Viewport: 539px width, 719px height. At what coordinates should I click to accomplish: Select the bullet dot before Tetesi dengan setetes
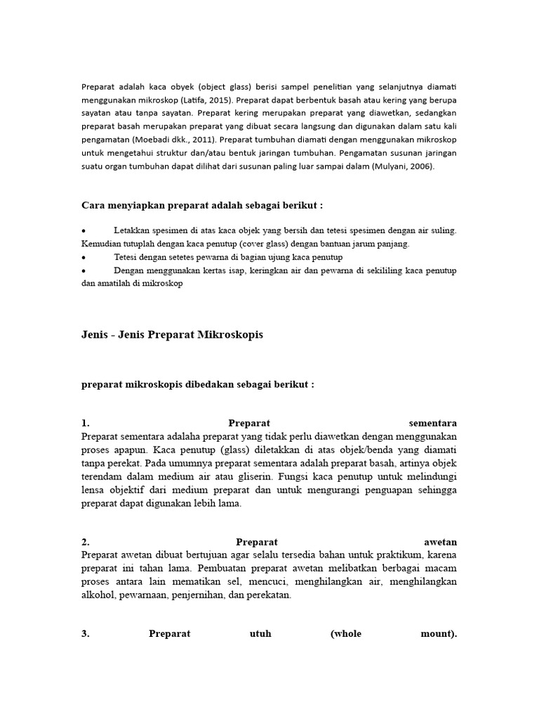(84, 258)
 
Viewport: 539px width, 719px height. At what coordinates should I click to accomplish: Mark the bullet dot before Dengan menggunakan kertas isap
(84, 271)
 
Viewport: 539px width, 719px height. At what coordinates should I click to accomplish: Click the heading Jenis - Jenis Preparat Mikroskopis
(173, 335)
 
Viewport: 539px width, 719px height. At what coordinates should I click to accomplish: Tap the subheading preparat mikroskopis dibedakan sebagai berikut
(198, 385)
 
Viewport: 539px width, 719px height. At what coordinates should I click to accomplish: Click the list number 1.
(85, 423)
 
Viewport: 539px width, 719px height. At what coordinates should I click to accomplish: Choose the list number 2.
(85, 542)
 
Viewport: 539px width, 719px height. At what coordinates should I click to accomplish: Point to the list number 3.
(85, 633)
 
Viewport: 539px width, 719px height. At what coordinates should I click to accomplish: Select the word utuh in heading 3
(260, 633)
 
